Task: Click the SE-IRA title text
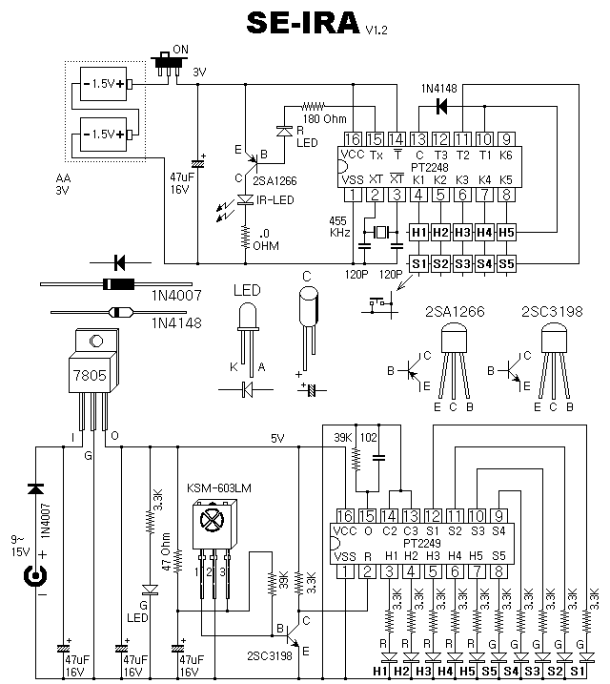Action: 303,23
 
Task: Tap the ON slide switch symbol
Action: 168,65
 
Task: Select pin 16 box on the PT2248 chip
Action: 353,139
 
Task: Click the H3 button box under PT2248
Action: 462,233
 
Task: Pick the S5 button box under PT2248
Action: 506,263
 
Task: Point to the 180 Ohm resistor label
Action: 325,118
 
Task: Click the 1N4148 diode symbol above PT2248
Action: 441,106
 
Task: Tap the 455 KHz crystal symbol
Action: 381,233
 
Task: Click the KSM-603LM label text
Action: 219,487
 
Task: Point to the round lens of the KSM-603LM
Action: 212,520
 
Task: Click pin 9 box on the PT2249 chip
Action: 498,516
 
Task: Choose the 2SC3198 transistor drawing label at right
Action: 552,311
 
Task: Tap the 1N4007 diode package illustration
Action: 116,284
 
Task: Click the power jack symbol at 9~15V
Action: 35,576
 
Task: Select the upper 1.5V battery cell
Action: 104,84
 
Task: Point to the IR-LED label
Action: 275,200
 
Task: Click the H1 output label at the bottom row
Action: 380,671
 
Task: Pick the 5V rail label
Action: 277,439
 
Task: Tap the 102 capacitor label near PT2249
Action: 369,438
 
